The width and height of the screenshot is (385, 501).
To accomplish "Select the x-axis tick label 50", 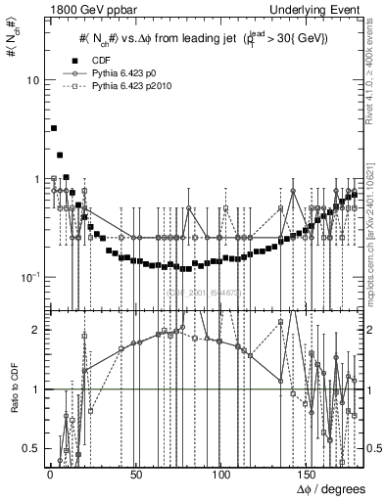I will coord(134,475).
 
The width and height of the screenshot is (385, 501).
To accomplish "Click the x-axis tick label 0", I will coord(49,475).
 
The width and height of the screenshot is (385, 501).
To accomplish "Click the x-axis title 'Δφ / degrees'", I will coord(334,489).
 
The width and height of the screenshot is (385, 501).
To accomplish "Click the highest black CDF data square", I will coord(54,128).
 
